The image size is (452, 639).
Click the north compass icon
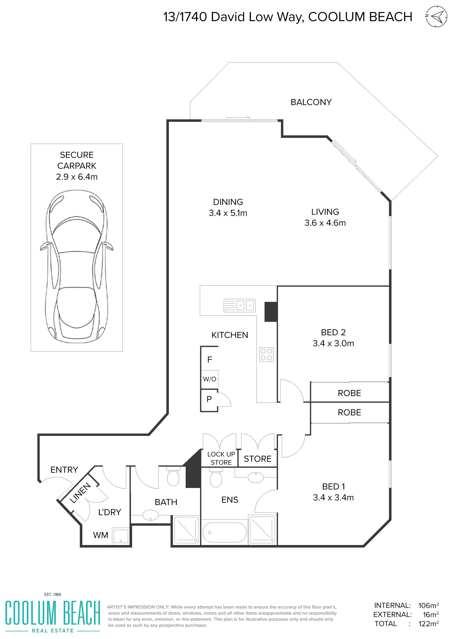pos(436,16)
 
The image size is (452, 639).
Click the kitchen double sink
pos(240,305)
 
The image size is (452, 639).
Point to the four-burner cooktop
pos(266,355)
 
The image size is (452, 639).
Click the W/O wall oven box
pos(210,379)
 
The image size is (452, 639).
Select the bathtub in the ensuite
pos(224,532)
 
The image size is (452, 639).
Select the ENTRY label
pos(64,470)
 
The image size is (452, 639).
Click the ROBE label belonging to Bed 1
pos(349,412)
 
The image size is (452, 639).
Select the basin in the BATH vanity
pos(150,515)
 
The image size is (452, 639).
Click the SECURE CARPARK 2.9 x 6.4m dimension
pos(77,177)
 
